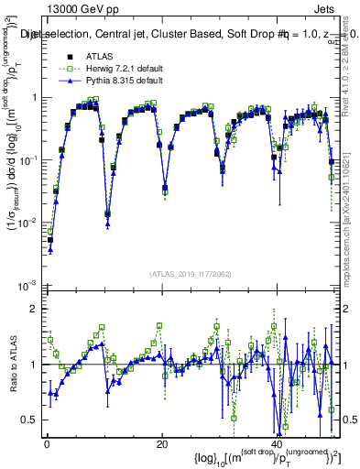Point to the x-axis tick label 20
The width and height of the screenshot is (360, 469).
[x=162, y=442]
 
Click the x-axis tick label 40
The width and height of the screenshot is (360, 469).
[x=277, y=442]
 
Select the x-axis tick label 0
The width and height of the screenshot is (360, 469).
[x=47, y=442]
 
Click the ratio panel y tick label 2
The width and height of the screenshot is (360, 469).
[x=34, y=309]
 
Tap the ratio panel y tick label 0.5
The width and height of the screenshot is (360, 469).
[x=30, y=420]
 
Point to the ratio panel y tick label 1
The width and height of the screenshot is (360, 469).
[x=34, y=365]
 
